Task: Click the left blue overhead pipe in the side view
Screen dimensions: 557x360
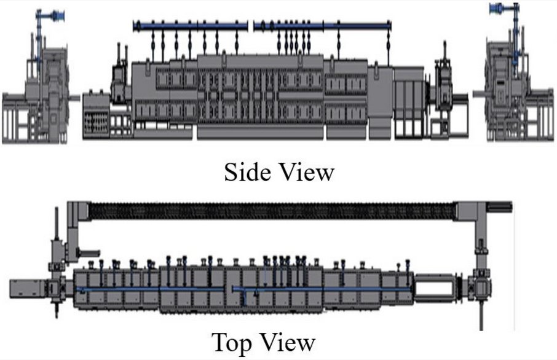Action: (x=191, y=25)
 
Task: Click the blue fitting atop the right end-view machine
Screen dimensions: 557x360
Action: (x=501, y=9)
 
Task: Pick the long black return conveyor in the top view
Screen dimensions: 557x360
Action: (x=271, y=210)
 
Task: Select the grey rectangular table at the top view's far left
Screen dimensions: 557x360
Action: (x=28, y=288)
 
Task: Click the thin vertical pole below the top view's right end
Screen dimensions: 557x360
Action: (x=480, y=313)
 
